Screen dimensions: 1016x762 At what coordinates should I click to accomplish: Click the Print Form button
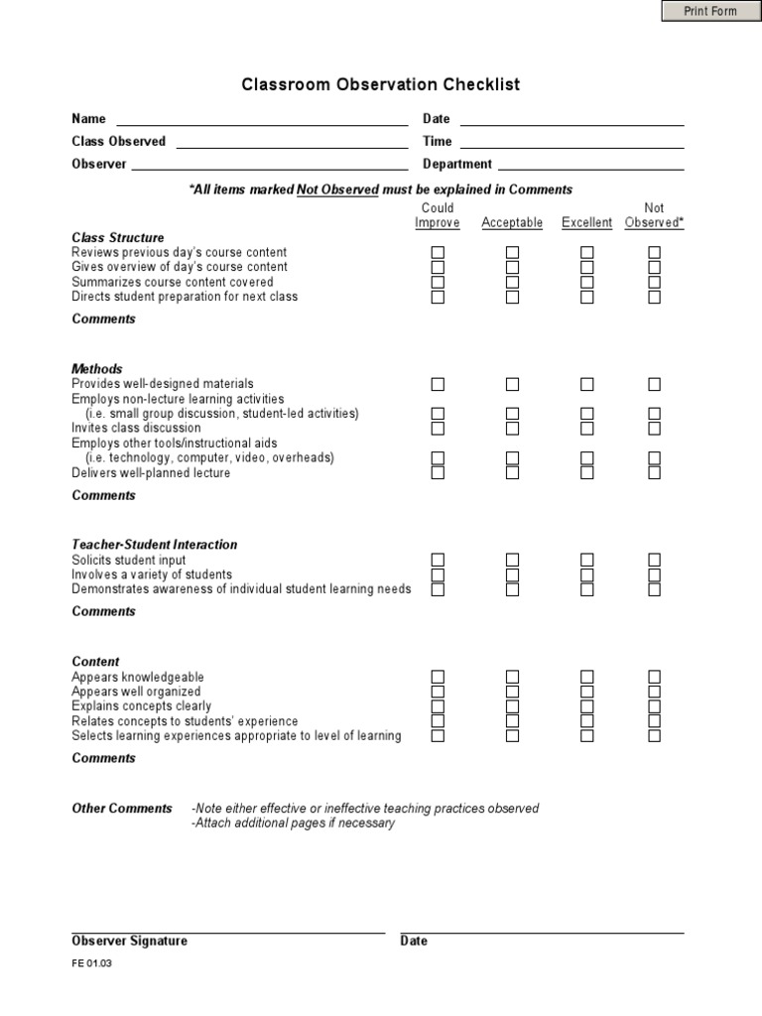coord(710,11)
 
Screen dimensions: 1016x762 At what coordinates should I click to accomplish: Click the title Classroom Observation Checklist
coord(381,85)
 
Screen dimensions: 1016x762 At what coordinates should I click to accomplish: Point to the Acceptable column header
coord(512,223)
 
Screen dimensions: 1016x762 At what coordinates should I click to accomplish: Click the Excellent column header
coord(586,223)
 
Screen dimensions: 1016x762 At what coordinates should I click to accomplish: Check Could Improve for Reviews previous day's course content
coord(438,253)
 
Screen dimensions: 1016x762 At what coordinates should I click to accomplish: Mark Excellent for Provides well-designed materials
coord(587,384)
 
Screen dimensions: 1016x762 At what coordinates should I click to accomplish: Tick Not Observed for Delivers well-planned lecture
coord(655,473)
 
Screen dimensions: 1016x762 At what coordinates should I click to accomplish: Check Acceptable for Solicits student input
coord(513,561)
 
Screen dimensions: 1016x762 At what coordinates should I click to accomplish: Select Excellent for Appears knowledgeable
coord(587,677)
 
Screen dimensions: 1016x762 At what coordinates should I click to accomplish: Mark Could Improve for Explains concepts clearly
coord(438,706)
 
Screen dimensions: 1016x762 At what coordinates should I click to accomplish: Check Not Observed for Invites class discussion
coord(655,429)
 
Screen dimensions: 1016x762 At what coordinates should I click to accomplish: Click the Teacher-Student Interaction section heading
coord(155,545)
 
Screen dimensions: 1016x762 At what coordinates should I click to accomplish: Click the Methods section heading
coord(97,369)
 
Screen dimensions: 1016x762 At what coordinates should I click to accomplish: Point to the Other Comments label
coord(122,809)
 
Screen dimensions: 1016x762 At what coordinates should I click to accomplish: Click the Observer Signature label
coord(129,942)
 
